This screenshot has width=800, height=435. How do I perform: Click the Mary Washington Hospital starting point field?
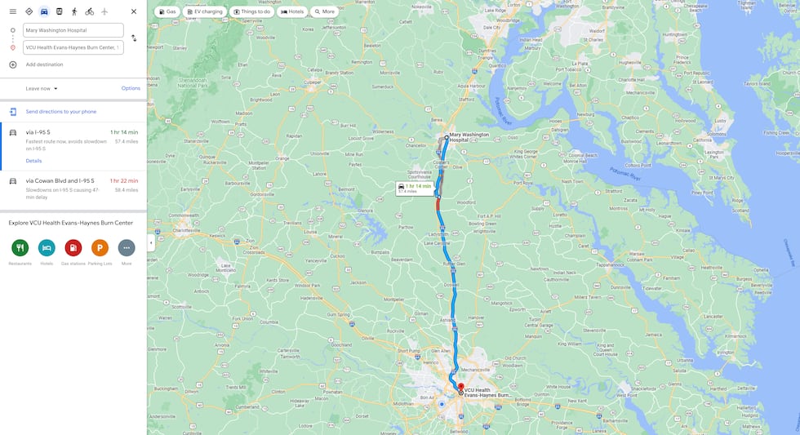point(73,30)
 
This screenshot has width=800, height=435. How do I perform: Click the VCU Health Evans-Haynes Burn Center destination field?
point(73,47)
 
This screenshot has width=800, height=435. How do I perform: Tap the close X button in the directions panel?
point(134,11)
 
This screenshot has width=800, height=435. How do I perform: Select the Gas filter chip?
point(167,12)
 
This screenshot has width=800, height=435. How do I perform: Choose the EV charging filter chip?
point(205,12)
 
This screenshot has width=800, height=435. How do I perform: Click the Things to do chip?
point(251,12)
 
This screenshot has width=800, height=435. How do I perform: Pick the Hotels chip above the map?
point(292,12)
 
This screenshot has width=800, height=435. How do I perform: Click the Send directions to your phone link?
point(60,112)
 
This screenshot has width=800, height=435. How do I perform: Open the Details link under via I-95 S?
point(33,161)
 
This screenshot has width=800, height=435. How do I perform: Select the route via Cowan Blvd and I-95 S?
point(60,180)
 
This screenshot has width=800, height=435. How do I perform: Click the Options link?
point(131,88)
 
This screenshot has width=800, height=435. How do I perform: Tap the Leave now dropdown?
point(42,88)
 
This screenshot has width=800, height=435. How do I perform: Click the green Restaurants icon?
point(20,247)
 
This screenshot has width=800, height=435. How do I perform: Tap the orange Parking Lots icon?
point(100,247)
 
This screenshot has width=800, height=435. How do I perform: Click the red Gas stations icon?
point(73,247)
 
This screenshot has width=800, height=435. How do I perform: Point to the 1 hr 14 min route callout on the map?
point(414,188)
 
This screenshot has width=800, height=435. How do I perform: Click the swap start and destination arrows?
point(134,38)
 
